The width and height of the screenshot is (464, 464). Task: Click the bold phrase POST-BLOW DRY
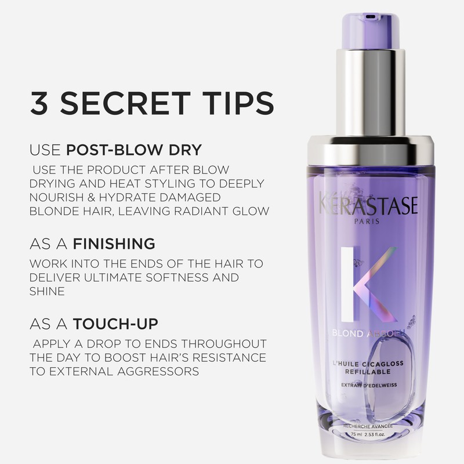click(x=134, y=150)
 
